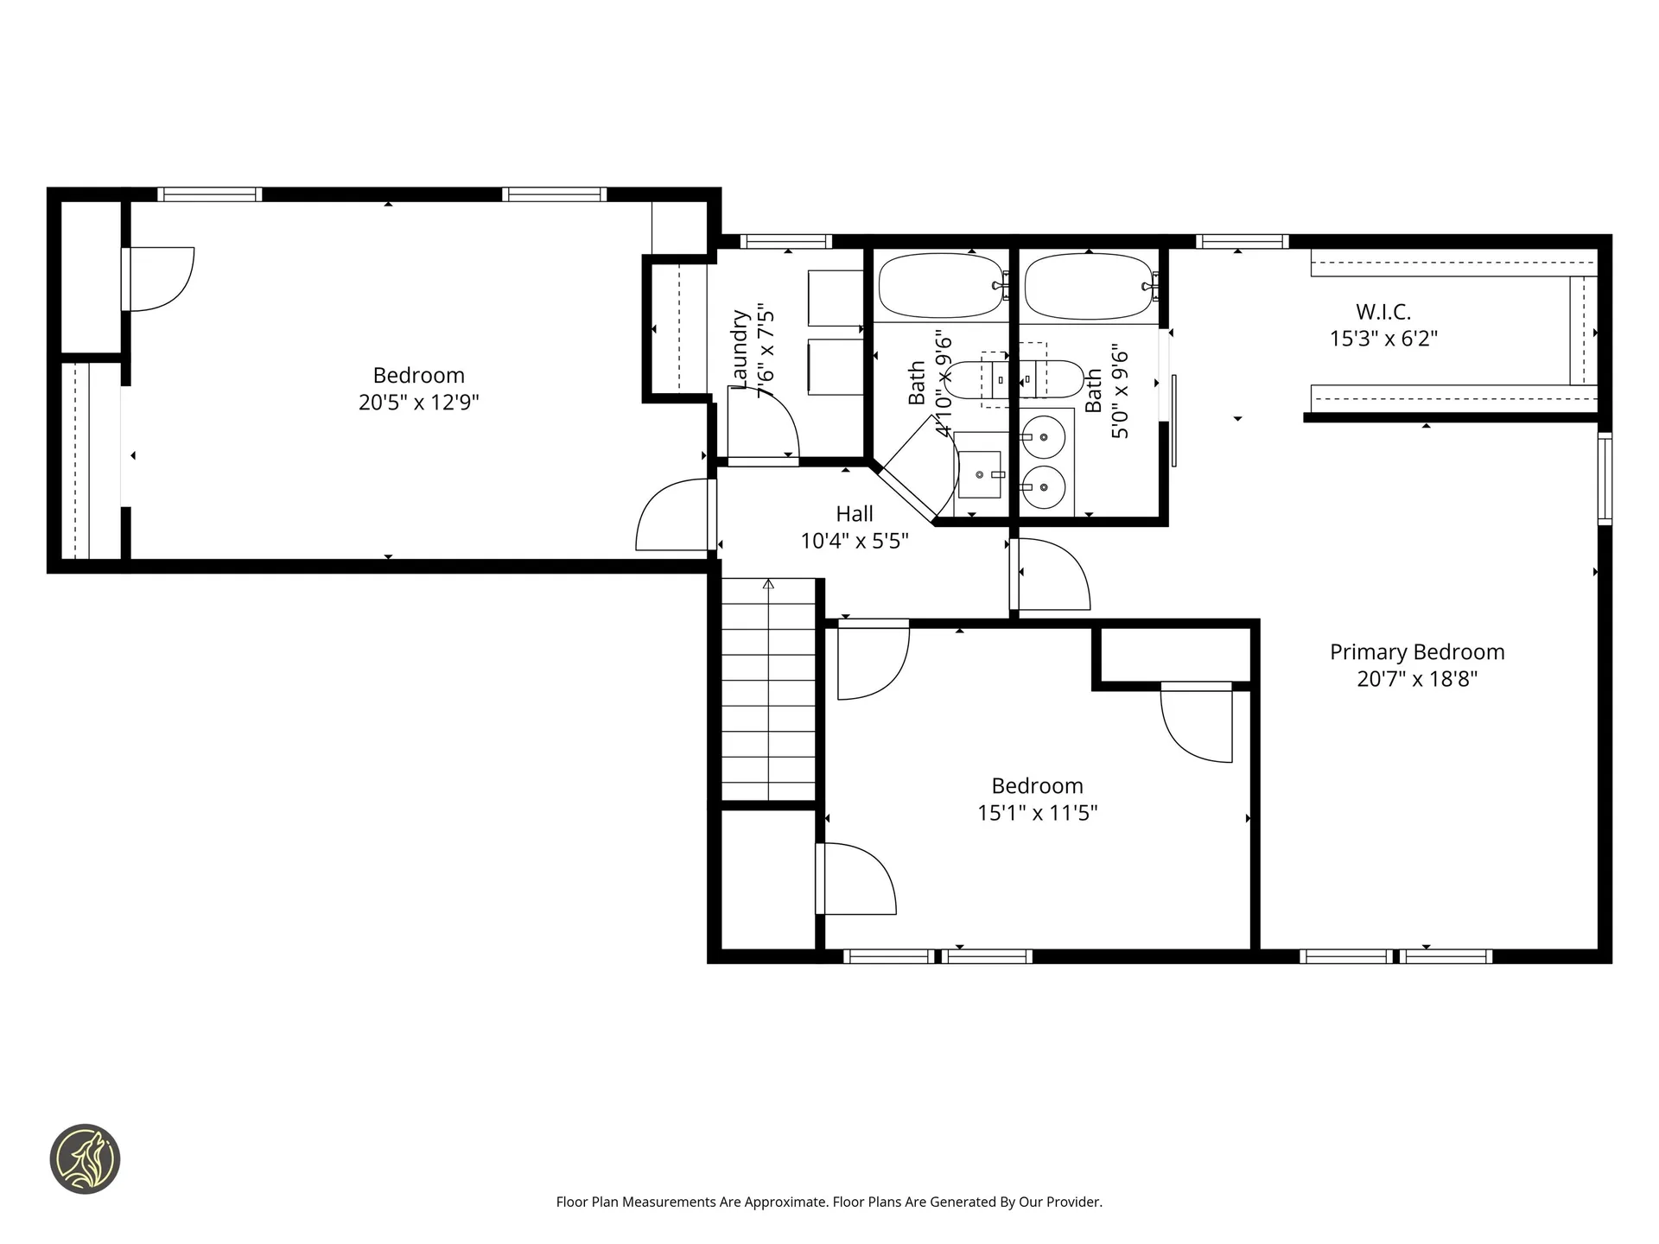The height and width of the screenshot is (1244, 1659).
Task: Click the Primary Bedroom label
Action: click(1416, 652)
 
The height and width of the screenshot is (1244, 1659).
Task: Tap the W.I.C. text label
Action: click(1382, 312)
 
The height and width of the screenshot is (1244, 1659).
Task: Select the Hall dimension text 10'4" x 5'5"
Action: click(854, 542)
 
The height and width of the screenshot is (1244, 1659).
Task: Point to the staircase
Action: click(768, 691)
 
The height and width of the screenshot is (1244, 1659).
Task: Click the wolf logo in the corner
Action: click(85, 1159)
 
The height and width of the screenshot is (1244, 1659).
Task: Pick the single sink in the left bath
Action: click(979, 474)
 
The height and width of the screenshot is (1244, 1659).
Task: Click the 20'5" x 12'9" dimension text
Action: click(418, 403)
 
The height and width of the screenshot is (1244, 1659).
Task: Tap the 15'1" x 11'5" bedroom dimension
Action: click(1037, 813)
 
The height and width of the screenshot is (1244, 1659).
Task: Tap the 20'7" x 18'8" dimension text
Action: click(1416, 679)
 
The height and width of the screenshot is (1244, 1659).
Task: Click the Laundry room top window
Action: click(785, 242)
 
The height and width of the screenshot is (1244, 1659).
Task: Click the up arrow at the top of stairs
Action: click(768, 585)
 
